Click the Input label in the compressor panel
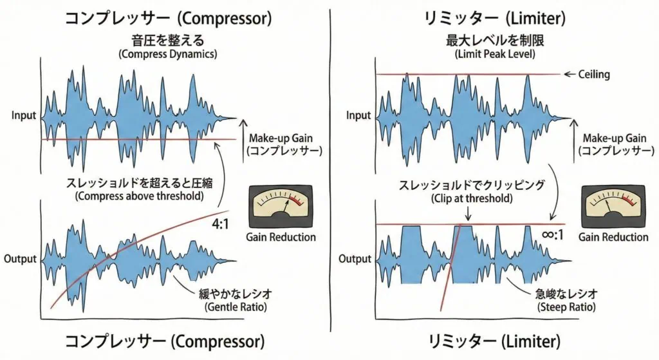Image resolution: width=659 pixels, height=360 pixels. [x=24, y=116]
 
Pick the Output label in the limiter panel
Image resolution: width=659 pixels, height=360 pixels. [x=355, y=259]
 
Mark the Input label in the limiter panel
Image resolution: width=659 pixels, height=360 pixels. [x=358, y=116]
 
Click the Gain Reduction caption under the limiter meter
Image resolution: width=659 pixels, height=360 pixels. [x=613, y=237]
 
